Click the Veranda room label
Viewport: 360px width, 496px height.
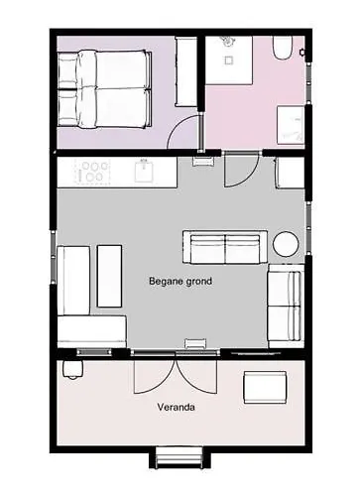(176, 407)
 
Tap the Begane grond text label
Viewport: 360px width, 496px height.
(180, 281)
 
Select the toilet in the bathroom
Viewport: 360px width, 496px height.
(283, 48)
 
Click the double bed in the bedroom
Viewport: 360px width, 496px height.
(105, 89)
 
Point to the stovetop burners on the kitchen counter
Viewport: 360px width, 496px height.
(92, 172)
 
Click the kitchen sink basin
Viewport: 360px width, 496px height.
(144, 172)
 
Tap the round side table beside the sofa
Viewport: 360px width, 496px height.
(286, 244)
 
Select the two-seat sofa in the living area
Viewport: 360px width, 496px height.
(225, 247)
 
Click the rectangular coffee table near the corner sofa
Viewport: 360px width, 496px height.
(109, 276)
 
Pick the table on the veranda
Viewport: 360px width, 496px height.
(265, 387)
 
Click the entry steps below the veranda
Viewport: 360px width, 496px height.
(179, 457)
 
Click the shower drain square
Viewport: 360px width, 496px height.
(229, 61)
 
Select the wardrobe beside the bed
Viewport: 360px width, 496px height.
(186, 71)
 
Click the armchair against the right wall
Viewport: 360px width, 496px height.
(286, 306)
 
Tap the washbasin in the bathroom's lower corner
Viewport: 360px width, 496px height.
(291, 125)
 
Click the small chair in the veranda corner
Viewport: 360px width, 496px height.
(72, 369)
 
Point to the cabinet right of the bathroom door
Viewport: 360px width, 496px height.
(290, 173)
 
